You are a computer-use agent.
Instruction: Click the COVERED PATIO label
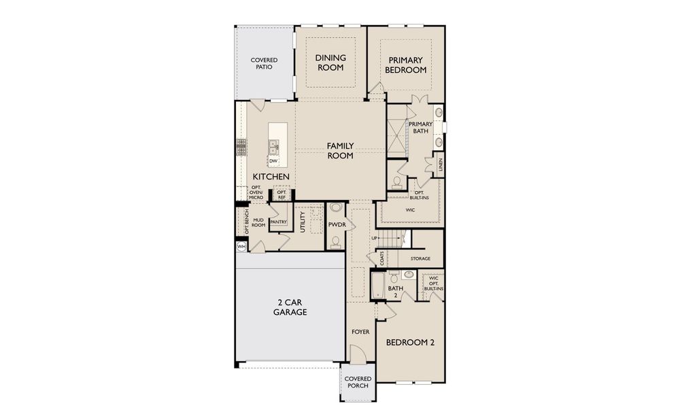click(264, 65)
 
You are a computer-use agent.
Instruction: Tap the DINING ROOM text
click(330, 63)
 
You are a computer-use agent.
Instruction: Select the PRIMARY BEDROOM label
click(405, 65)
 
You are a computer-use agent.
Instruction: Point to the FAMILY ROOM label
click(340, 150)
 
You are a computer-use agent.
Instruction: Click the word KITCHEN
click(271, 177)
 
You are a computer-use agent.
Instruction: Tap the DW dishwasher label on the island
click(273, 161)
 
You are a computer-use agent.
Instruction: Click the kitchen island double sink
click(273, 145)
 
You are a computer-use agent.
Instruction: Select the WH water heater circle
click(241, 247)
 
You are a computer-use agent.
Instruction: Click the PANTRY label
click(277, 222)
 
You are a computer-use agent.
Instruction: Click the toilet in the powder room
click(335, 241)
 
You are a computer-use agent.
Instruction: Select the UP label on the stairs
click(374, 238)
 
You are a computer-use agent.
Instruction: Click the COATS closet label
click(382, 258)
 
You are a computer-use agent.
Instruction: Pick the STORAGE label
click(420, 258)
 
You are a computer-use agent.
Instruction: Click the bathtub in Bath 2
click(377, 286)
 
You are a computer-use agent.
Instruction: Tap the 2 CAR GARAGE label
click(290, 307)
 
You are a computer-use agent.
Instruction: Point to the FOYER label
click(360, 332)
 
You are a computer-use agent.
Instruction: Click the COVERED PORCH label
click(357, 382)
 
